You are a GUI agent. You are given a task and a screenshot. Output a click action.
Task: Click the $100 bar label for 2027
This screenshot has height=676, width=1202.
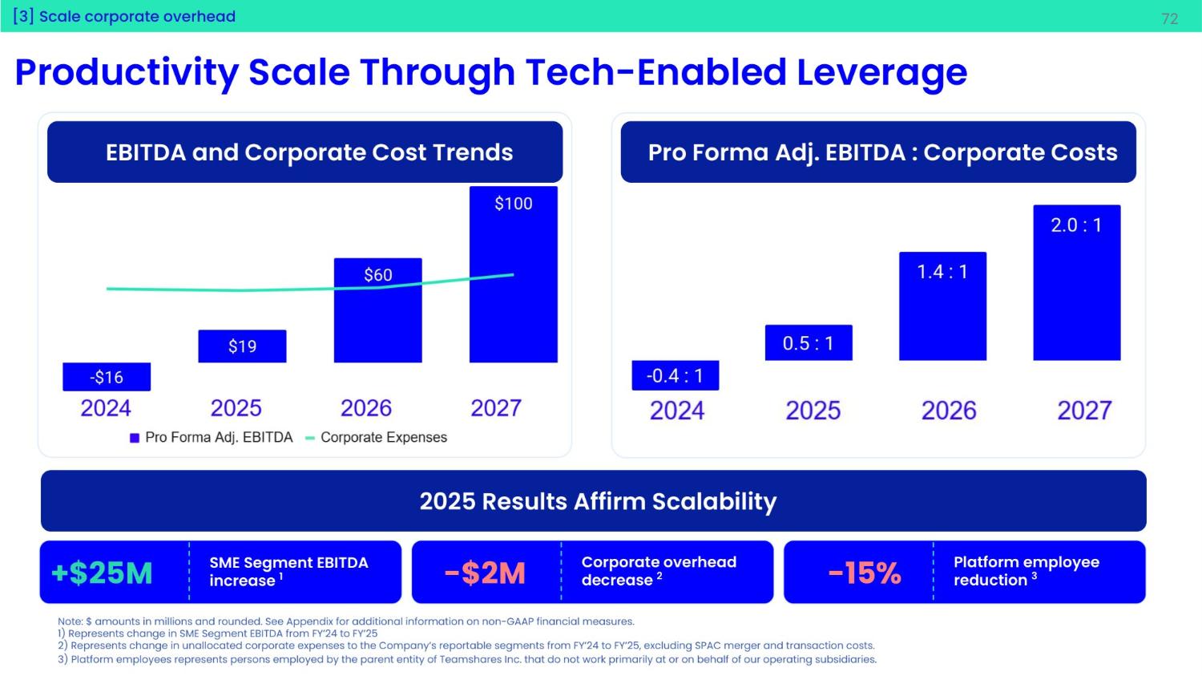pos(513,204)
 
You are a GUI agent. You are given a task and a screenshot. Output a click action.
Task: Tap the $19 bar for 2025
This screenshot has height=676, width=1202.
pos(242,346)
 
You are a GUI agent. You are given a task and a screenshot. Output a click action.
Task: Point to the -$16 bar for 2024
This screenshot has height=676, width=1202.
pos(107,377)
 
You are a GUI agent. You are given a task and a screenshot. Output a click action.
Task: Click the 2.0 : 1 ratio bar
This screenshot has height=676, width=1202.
pos(1076,289)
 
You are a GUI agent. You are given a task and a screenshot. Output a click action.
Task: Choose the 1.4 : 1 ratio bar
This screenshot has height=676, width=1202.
pos(942,313)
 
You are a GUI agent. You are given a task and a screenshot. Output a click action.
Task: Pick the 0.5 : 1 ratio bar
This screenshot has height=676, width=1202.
pos(808,343)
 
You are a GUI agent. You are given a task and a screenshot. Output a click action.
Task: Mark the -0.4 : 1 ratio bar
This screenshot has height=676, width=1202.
pos(675,375)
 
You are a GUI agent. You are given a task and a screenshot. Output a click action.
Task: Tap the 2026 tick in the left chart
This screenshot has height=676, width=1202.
pos(366,408)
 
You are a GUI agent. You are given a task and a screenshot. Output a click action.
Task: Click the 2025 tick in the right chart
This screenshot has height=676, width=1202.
pos(813,411)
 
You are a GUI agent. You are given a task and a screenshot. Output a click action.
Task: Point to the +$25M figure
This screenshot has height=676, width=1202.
pos(102,573)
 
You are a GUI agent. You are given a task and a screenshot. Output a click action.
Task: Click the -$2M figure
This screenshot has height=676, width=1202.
pos(485,573)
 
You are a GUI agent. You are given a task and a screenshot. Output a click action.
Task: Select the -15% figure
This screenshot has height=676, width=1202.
pos(865,573)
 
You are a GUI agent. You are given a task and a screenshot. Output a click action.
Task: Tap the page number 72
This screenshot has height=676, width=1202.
pos(1169,18)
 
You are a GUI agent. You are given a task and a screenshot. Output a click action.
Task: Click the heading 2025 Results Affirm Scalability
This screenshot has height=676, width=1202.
pos(598,501)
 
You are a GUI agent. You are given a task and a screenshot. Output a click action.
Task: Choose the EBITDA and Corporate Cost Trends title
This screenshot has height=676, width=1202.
pos(309,152)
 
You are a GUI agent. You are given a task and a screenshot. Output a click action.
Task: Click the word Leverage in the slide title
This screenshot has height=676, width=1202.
pos(881,72)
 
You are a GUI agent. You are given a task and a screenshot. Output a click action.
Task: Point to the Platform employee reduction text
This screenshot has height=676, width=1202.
pos(1026,571)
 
